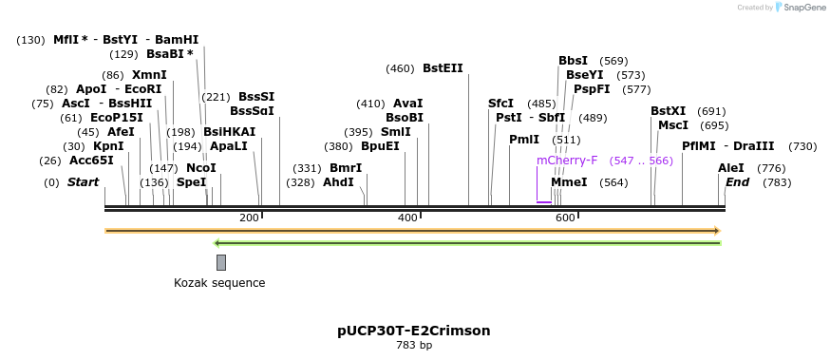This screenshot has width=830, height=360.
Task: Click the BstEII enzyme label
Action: [443, 68]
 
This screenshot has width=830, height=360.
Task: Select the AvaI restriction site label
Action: [407, 104]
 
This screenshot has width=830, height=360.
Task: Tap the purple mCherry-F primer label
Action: [567, 161]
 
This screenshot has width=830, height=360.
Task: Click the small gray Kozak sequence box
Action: [221, 262]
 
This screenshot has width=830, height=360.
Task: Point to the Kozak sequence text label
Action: [219, 283]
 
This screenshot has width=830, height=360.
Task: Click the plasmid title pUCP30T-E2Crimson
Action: [414, 331]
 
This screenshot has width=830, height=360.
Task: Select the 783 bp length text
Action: [414, 345]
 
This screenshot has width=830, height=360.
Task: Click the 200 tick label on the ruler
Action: [250, 218]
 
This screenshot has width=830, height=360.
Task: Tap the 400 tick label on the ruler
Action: [407, 218]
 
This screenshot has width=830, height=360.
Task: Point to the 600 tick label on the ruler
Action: [565, 218]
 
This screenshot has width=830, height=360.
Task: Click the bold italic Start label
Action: [83, 182]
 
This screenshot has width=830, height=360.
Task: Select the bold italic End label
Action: [738, 182]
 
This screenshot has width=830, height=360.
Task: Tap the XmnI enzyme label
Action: [149, 75]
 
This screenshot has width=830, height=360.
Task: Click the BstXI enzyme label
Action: [668, 111]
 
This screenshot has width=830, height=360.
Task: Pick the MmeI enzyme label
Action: [569, 182]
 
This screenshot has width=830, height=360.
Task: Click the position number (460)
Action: [400, 68]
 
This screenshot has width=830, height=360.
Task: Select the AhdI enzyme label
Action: [338, 182]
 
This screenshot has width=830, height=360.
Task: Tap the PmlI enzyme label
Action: [524, 140]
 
